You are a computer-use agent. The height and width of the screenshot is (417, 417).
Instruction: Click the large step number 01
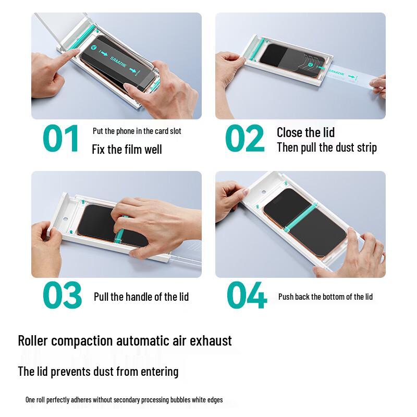click(x=61, y=139)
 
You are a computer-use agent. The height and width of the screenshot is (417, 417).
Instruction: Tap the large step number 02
click(x=245, y=139)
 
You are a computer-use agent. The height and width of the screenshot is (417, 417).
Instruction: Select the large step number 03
click(x=62, y=296)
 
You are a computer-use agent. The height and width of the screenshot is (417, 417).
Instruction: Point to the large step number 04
click(x=247, y=296)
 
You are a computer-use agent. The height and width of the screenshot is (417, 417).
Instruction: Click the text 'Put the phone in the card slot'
click(x=137, y=131)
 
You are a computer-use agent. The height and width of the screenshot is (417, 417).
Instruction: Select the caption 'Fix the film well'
click(x=127, y=150)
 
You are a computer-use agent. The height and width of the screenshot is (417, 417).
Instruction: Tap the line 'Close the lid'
click(x=305, y=132)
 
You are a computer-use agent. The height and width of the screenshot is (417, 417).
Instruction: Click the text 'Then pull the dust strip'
click(x=326, y=148)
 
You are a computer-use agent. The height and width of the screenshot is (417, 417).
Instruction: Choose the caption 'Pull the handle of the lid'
click(x=141, y=297)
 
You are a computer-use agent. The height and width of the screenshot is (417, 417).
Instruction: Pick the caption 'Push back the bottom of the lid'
click(x=325, y=297)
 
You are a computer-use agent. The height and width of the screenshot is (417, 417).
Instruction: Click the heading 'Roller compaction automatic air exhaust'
click(x=125, y=341)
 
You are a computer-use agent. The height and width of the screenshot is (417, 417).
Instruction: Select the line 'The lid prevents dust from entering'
click(x=98, y=372)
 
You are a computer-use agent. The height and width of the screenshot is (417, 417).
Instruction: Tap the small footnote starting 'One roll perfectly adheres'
click(x=124, y=400)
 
